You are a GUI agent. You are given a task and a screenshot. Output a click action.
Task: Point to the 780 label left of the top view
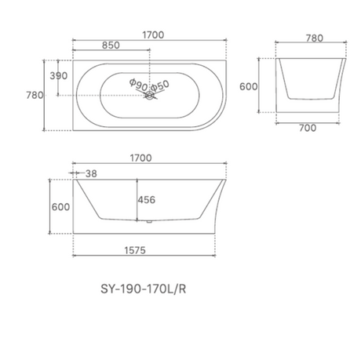click(x=35, y=95)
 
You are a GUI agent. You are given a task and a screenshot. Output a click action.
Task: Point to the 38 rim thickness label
click(x=92, y=173)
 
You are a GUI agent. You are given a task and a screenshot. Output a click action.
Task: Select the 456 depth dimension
click(x=147, y=199)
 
